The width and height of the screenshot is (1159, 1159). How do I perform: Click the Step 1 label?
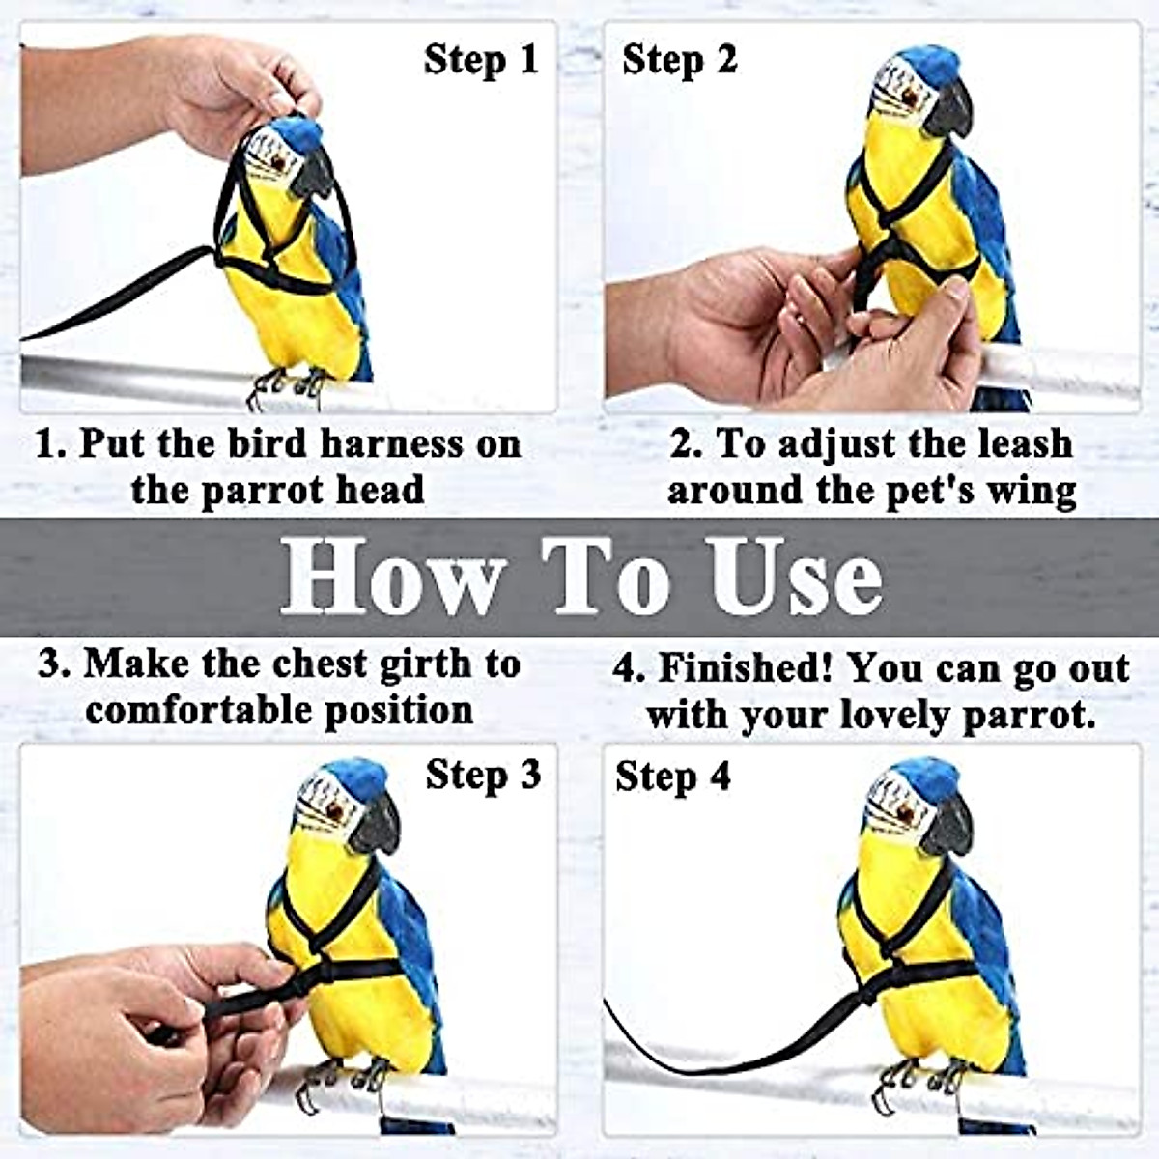pos(480,60)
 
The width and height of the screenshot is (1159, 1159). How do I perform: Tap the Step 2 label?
pos(679,60)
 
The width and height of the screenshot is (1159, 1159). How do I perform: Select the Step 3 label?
pos(483,775)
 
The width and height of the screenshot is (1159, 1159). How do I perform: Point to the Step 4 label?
pos(673,777)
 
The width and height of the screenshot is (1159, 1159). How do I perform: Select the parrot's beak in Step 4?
pos(950,825)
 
